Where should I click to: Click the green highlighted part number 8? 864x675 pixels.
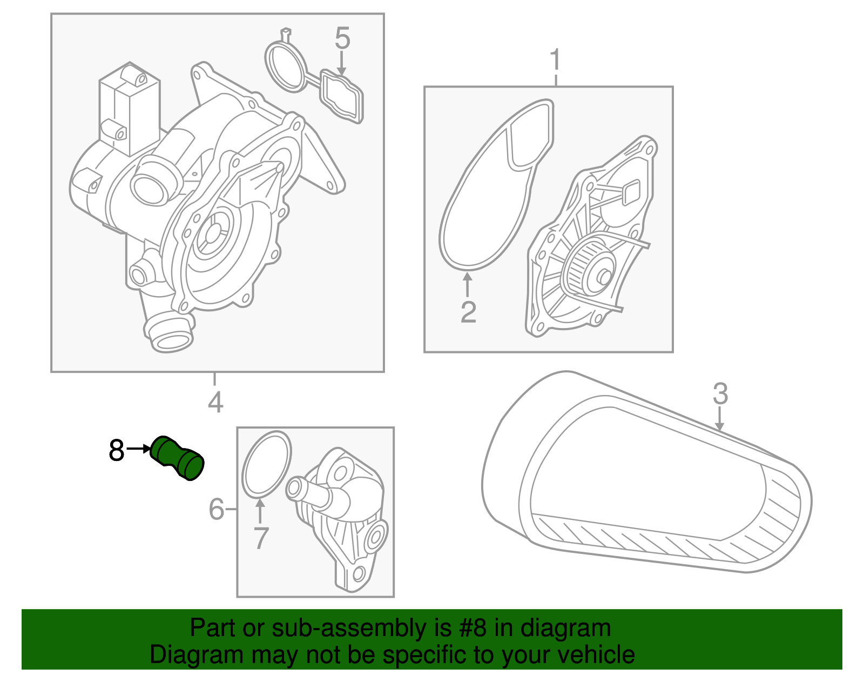178,458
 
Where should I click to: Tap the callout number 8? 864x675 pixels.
117,450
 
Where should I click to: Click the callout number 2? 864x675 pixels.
468,312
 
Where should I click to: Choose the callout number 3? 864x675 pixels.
720,394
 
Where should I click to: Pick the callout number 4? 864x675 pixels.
215,403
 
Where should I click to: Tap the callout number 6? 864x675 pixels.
217,509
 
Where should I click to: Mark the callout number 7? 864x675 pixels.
261,538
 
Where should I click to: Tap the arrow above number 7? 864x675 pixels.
260,511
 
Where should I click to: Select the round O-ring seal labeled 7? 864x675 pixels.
266,463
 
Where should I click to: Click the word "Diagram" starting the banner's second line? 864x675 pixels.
197,655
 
